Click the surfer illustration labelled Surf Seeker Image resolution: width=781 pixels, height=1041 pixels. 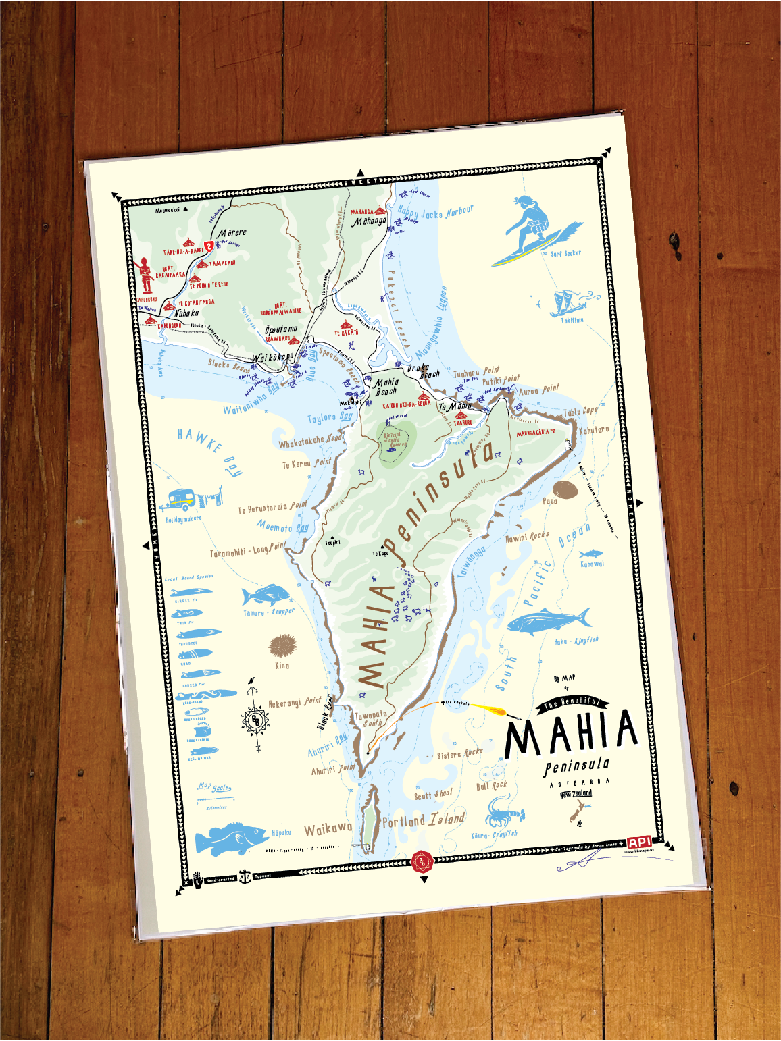point(534,230)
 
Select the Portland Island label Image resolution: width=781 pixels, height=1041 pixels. point(424,820)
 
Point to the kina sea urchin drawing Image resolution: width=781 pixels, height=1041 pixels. point(281,645)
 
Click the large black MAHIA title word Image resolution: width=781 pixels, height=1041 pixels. point(571,732)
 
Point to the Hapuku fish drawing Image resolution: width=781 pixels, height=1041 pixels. point(230,837)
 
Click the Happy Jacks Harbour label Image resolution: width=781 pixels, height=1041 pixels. point(435,213)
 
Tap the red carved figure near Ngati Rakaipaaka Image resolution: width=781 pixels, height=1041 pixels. point(145,275)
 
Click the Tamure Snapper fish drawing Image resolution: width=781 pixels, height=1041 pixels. point(265,595)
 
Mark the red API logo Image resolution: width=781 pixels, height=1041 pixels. point(638,842)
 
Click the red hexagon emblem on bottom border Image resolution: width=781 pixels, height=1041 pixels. point(422,861)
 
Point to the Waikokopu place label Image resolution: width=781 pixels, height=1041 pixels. point(272,357)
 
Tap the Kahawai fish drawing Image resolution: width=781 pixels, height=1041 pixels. point(590,554)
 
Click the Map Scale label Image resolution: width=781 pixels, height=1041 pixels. point(215,787)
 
